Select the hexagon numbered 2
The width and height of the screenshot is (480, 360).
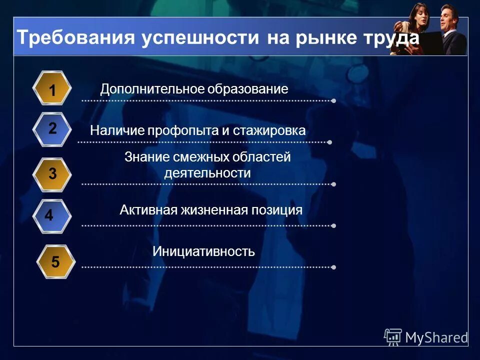point(52,128)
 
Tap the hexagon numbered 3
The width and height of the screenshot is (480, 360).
point(52,174)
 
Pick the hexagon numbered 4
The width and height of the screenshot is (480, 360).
point(49,215)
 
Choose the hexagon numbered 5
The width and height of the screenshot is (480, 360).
point(55,261)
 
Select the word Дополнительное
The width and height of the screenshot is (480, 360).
point(146,89)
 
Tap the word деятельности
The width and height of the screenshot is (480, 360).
point(207,173)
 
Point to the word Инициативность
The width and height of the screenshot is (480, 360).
point(203,251)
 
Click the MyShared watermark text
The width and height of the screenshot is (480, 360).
point(436,338)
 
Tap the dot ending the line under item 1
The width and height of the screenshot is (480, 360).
point(333,101)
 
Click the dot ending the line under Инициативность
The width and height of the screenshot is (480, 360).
point(333,267)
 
